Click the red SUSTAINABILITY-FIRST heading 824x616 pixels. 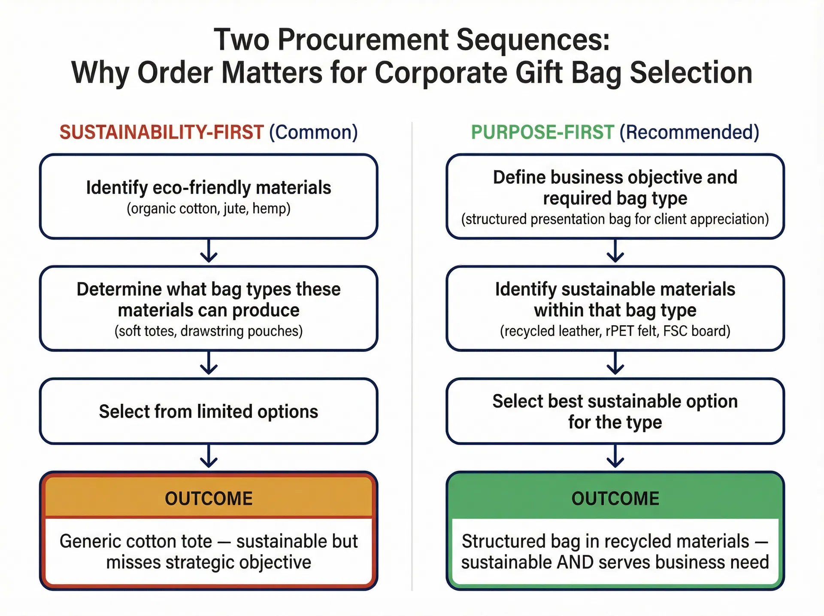pyautogui.click(x=161, y=132)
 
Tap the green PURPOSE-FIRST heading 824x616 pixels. pyautogui.click(x=542, y=132)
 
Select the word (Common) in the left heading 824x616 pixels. pyautogui.click(x=313, y=132)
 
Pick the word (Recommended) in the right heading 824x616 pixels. pyautogui.click(x=689, y=132)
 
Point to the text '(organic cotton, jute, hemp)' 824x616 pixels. pyautogui.click(x=209, y=209)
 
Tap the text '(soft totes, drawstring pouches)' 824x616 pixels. pyautogui.click(x=209, y=331)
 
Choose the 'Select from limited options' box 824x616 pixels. pyautogui.click(x=209, y=412)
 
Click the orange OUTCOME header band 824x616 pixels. pyautogui.click(x=209, y=498)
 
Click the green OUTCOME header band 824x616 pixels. pyautogui.click(x=615, y=498)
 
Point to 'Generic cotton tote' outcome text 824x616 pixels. pyautogui.click(x=209, y=552)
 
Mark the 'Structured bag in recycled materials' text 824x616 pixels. pyautogui.click(x=615, y=552)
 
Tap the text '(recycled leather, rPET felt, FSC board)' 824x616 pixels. pyautogui.click(x=615, y=331)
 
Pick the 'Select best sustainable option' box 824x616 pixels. pyautogui.click(x=615, y=412)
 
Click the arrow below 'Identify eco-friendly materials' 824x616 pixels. pyautogui.click(x=209, y=252)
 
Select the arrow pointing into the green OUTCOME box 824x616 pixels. pyautogui.click(x=615, y=457)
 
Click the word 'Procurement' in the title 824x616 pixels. pyautogui.click(x=363, y=40)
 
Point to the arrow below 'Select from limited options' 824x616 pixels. pyautogui.click(x=209, y=457)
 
